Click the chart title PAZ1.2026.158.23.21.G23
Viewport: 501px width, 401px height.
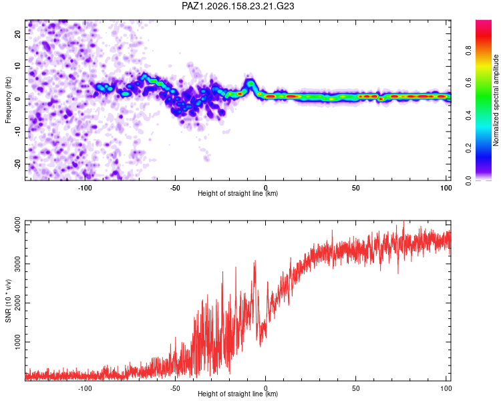[238, 6]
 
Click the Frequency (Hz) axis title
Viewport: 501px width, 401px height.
[8, 100]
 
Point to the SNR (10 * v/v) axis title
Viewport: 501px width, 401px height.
[8, 301]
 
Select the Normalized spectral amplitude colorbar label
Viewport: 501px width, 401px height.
[496, 100]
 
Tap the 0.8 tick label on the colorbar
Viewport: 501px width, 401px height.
[468, 50]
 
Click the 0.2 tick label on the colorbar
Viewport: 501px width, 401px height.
[468, 148]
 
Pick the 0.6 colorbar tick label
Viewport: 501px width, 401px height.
[468, 83]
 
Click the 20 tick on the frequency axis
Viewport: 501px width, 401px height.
[18, 34]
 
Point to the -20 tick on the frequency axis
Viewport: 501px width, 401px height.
[18, 164]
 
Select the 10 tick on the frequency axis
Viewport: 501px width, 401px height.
[18, 67]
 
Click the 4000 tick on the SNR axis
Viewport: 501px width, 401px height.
[18, 225]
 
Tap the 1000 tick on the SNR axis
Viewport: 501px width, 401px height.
[18, 342]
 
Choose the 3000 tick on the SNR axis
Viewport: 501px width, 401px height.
[18, 264]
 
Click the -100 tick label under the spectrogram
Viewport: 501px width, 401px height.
[85, 188]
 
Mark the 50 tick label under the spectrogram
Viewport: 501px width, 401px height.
[356, 188]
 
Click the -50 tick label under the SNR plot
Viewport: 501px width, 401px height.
[175, 388]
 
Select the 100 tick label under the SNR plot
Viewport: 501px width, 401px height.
[446, 388]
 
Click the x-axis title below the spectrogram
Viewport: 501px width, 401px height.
[238, 193]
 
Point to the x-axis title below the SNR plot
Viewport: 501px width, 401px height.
[238, 394]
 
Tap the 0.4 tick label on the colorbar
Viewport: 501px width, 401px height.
[468, 116]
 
